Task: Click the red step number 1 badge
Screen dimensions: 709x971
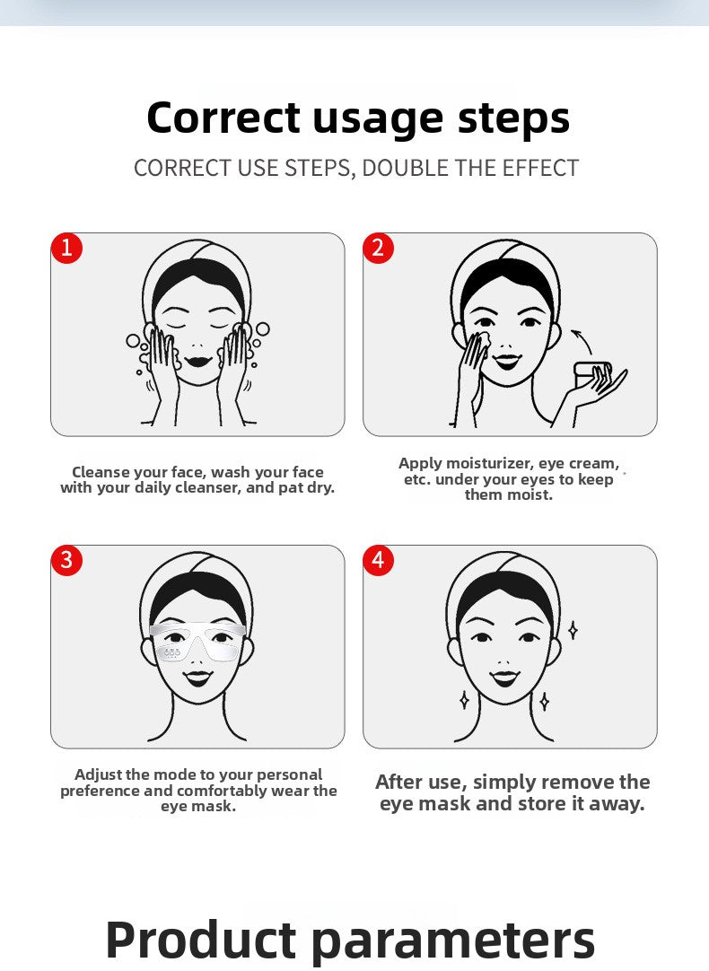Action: [x=67, y=248]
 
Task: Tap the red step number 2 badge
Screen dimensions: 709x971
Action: [x=379, y=248]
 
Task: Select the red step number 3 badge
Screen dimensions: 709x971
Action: [x=67, y=560]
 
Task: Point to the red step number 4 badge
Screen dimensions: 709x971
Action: [x=379, y=560]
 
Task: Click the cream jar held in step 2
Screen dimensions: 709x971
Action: [x=593, y=374]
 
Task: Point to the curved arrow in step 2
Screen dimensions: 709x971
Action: [x=582, y=341]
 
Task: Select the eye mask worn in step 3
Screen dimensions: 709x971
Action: [x=197, y=642]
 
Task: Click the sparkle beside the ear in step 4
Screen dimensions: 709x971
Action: [x=573, y=630]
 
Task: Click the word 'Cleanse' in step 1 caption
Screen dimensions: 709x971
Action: [x=99, y=472]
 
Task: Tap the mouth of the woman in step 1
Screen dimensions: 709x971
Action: [x=198, y=361]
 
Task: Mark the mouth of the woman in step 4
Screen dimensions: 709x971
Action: [x=504, y=678]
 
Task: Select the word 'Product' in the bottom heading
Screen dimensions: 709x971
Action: [x=201, y=939]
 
